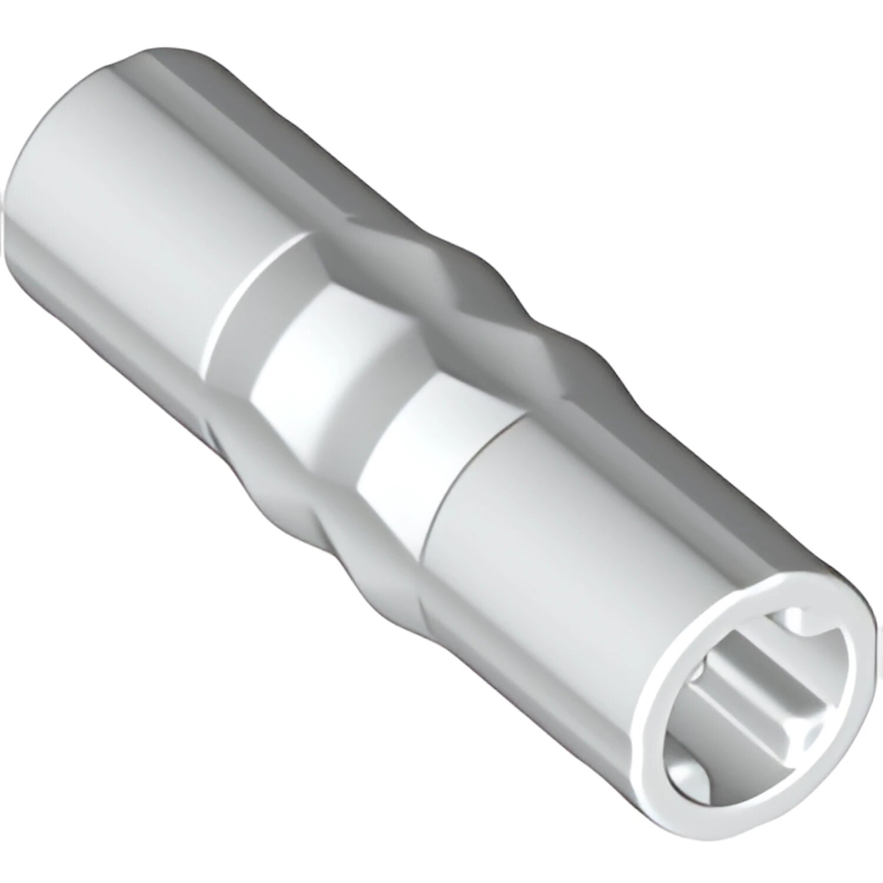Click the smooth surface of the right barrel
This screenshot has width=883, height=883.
click(559, 559)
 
